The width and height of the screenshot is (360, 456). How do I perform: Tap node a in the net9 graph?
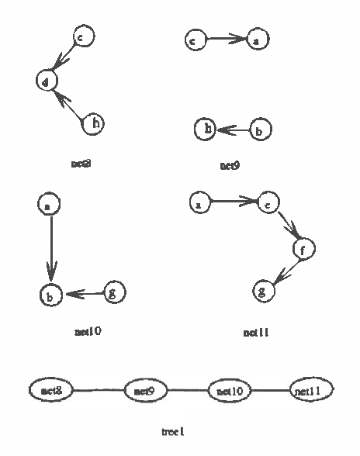(x=256, y=40)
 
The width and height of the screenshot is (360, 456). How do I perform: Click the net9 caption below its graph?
(x=230, y=165)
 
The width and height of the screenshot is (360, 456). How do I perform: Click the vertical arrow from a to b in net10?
(x=50, y=248)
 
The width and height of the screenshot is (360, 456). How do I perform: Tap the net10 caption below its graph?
(x=88, y=331)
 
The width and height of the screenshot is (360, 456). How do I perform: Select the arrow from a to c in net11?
(x=233, y=204)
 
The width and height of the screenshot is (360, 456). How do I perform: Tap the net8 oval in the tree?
(x=51, y=389)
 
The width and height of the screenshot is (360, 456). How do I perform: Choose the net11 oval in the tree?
(x=311, y=389)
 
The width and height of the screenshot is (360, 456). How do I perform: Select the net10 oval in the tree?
(x=230, y=390)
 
